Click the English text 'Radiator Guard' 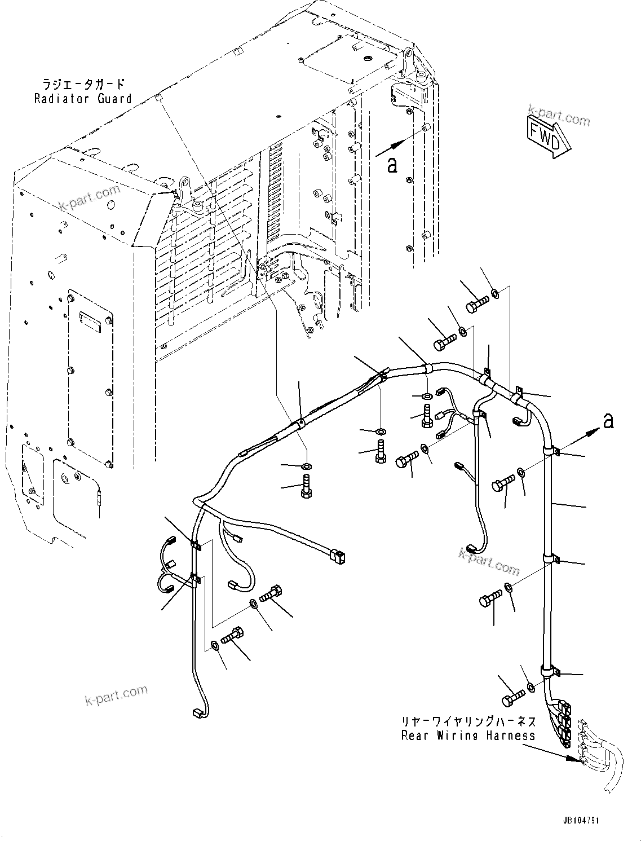pyautogui.click(x=83, y=99)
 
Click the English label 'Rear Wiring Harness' pyautogui.click(x=468, y=736)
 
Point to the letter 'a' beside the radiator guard pyautogui.click(x=392, y=164)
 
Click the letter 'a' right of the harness pyautogui.click(x=608, y=420)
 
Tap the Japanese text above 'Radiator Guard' pyautogui.click(x=83, y=84)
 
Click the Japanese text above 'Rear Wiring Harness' pyautogui.click(x=468, y=721)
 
